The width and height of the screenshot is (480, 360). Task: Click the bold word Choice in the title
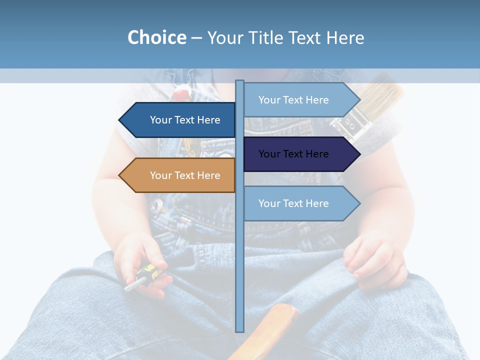[156, 37]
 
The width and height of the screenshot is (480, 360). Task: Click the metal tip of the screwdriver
[131, 286]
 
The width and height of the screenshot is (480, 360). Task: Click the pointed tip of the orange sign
[120, 175]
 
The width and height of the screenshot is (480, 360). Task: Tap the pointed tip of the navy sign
[358, 154]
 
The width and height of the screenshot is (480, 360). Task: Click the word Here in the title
[345, 37]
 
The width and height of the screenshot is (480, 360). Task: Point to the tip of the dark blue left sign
[120, 120]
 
